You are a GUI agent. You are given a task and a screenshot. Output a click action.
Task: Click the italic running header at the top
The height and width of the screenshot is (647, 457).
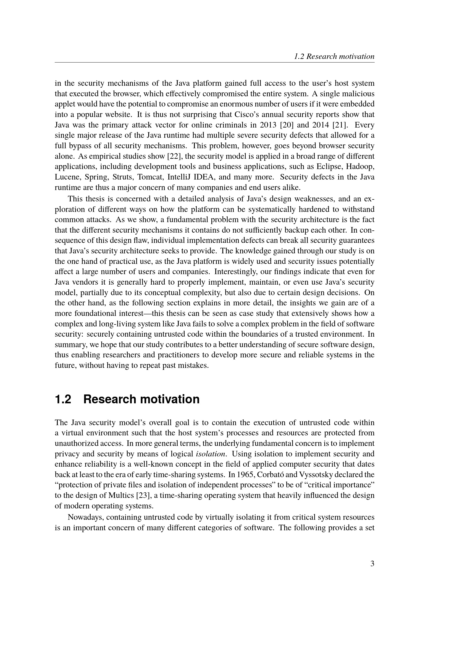click(x=334, y=56)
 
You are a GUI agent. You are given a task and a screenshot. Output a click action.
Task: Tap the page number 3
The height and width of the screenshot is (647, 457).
click(x=372, y=563)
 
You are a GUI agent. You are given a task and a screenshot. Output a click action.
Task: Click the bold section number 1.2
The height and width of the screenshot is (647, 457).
click(x=63, y=399)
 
